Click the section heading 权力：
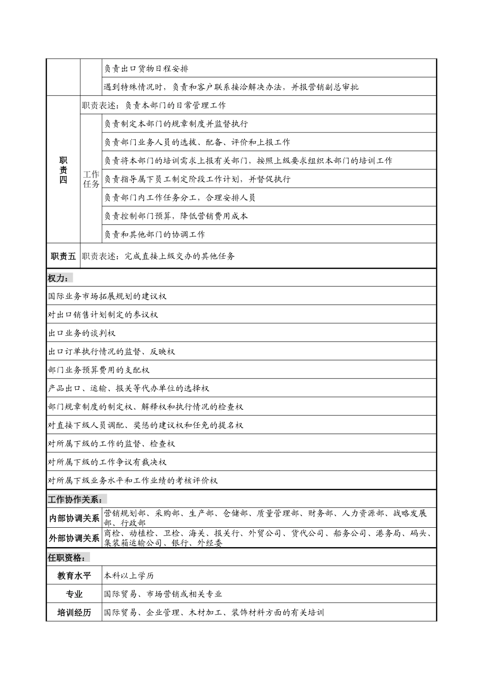[60, 278]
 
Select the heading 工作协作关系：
[77, 499]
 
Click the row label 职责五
[63, 256]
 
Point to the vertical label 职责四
[63, 170]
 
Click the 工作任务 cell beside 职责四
[91, 179]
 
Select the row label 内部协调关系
[74, 519]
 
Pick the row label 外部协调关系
[74, 538]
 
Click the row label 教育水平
[74, 576]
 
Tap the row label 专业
[74, 594]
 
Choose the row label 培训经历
[74, 612]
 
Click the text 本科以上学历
[129, 576]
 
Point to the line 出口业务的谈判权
[82, 333]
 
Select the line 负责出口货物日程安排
[146, 69]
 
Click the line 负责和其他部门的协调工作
[155, 235]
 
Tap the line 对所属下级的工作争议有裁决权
[107, 462]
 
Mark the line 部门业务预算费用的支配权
[99, 370]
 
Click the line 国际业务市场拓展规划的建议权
[107, 296]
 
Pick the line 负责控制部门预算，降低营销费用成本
[176, 216]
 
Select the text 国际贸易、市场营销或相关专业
[163, 594]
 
